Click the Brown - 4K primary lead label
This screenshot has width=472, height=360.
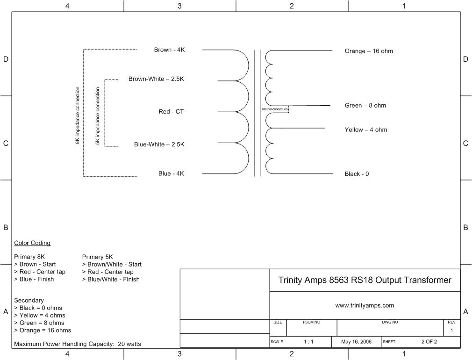pyautogui.click(x=170, y=50)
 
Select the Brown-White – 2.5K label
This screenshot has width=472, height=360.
pyautogui.click(x=156, y=79)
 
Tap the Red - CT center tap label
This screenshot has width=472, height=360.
pyautogui.click(x=171, y=111)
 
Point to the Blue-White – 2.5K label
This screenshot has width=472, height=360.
pyautogui.click(x=159, y=144)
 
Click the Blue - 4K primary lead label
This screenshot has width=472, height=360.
pyautogui.click(x=171, y=173)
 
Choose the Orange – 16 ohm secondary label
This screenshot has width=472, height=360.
pyautogui.click(x=369, y=51)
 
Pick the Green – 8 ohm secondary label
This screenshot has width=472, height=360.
pyautogui.click(x=365, y=106)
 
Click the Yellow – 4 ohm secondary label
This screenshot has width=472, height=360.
pyautogui.click(x=366, y=130)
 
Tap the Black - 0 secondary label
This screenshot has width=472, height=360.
pyautogui.click(x=357, y=174)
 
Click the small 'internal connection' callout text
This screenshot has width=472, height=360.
pyautogui.click(x=274, y=109)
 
